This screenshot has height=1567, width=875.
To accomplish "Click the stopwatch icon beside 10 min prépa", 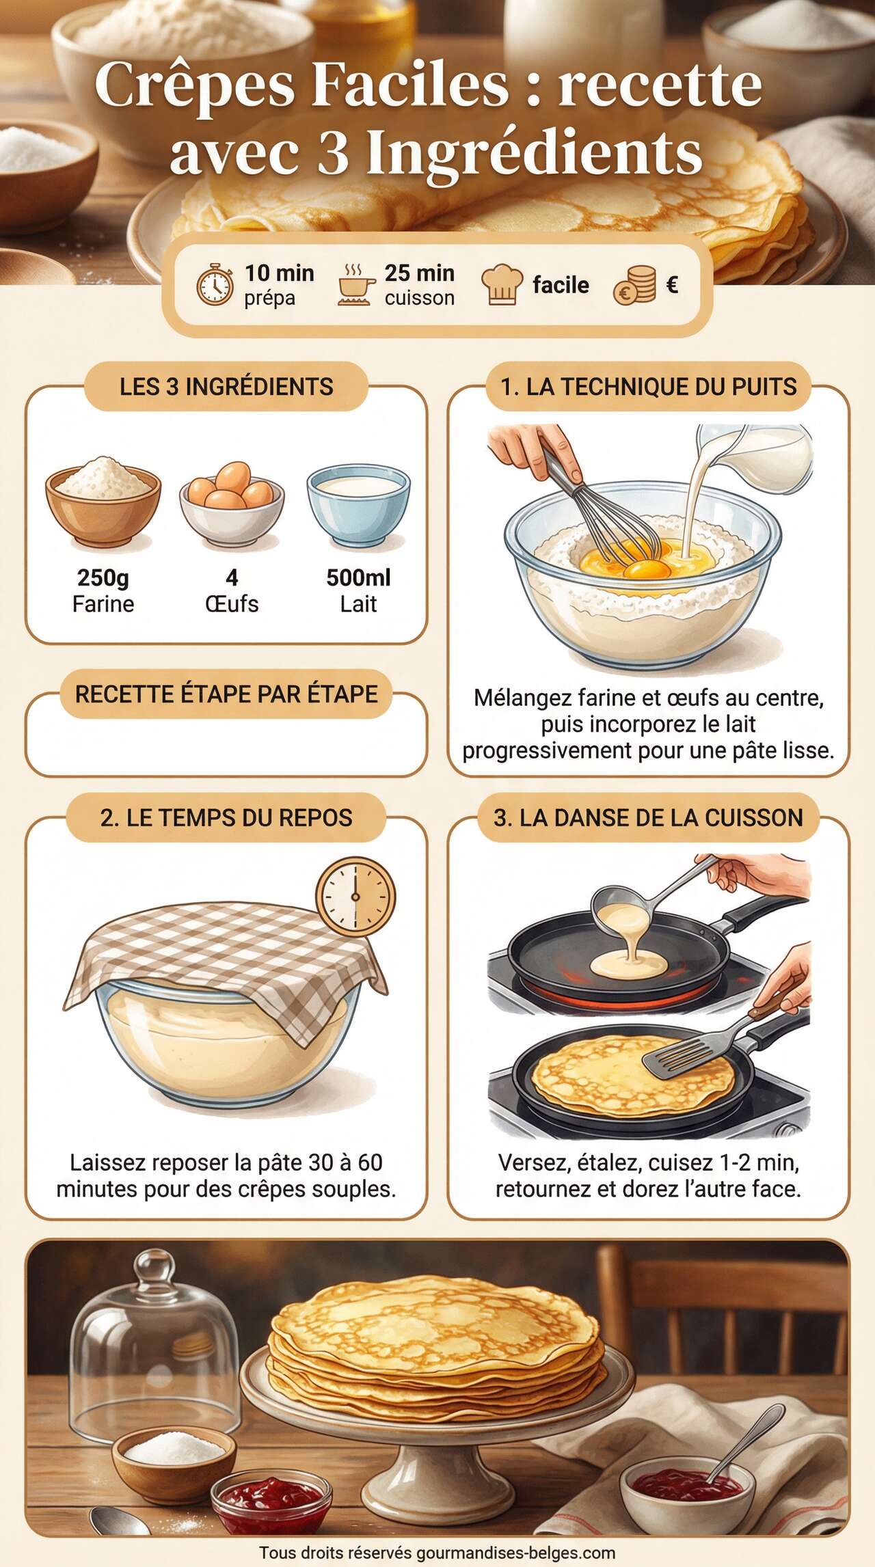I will tap(215, 285).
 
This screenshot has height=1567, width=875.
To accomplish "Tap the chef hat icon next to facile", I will tap(502, 284).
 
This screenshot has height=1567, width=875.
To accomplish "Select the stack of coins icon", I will tap(634, 285).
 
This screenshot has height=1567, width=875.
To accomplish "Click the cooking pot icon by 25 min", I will tap(356, 285).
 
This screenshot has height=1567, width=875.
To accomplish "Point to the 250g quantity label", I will tap(103, 577).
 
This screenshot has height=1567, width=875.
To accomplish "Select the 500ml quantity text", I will tap(358, 577).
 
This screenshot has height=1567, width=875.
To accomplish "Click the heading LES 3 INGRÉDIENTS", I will tap(226, 387).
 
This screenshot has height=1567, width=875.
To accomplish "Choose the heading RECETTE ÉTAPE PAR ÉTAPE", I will tap(226, 694).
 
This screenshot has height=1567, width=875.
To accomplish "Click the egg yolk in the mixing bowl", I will tap(647, 569).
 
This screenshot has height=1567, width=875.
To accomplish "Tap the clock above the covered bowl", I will tap(355, 897).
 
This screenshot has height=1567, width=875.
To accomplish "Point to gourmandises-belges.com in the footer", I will tap(515, 1553).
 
